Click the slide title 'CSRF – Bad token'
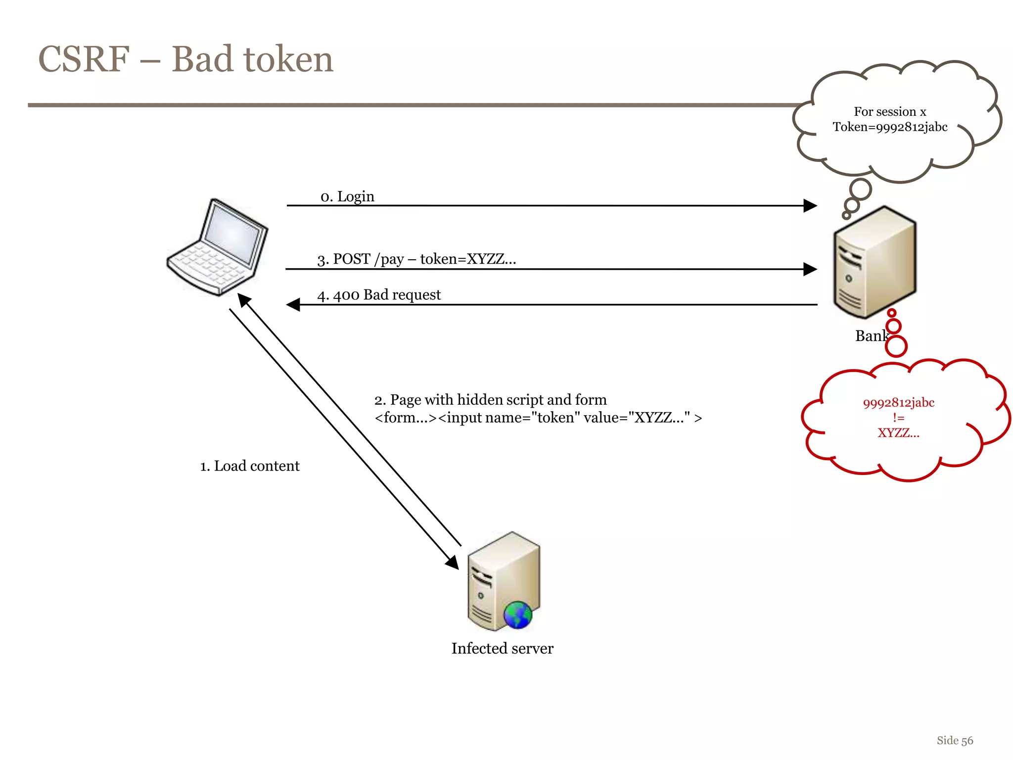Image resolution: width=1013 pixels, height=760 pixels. click(x=185, y=59)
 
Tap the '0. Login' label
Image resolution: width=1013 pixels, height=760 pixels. click(x=347, y=196)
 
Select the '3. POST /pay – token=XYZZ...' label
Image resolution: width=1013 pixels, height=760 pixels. click(x=416, y=259)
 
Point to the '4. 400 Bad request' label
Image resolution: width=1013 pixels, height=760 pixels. click(x=379, y=295)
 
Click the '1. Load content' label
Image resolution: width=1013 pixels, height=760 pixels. click(x=250, y=466)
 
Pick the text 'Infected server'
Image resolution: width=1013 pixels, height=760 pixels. click(x=502, y=648)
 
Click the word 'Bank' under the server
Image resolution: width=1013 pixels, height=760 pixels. click(x=871, y=336)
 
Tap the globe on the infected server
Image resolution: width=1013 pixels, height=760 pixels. click(x=517, y=615)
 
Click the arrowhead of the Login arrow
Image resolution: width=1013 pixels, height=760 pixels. click(x=810, y=205)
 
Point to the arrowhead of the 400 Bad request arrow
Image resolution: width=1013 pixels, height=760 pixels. click(x=294, y=305)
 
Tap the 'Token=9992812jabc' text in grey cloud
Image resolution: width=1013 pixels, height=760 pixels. click(x=889, y=127)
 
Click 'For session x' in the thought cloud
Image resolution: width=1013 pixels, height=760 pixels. click(x=889, y=112)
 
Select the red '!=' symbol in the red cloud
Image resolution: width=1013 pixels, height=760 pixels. click(x=898, y=418)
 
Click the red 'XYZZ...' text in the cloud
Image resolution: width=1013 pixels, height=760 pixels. click(x=898, y=433)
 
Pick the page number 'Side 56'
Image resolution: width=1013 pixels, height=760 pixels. click(x=955, y=741)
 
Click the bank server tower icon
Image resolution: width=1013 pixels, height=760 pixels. click(x=875, y=262)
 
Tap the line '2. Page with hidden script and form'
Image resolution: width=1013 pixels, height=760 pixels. click(x=490, y=400)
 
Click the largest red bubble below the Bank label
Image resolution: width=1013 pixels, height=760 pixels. click(x=896, y=346)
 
